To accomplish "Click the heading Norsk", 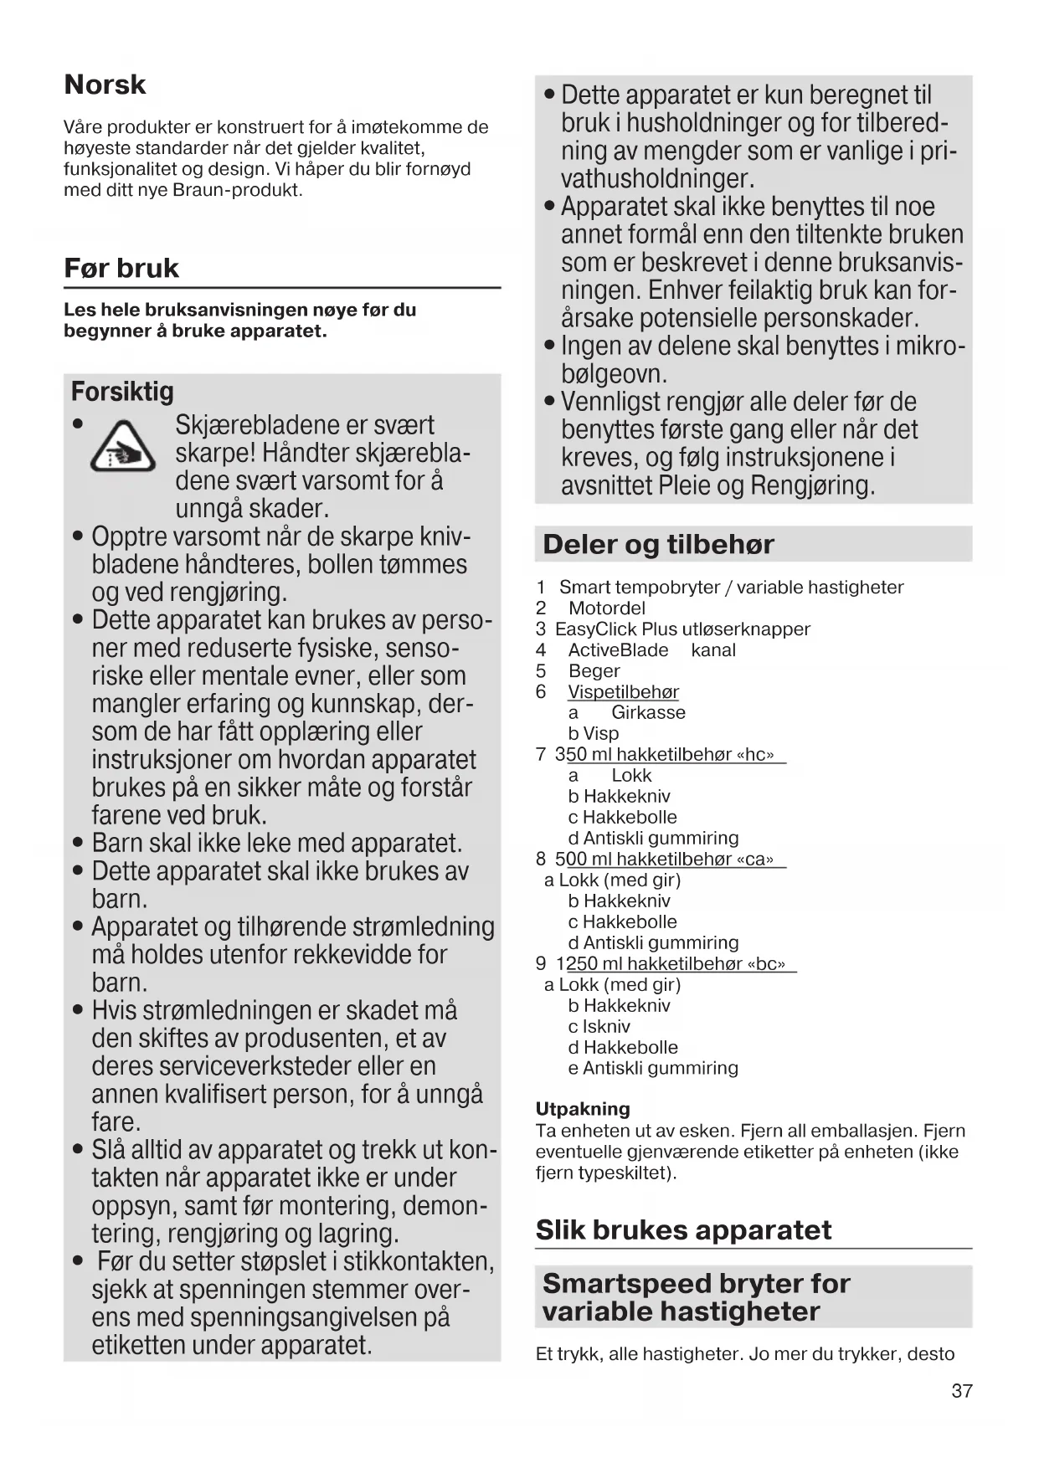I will (105, 85).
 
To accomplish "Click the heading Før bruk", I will (121, 268).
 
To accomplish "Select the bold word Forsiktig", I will (122, 392).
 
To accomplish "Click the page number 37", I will (962, 1391).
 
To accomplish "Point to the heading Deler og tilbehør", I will (658, 545).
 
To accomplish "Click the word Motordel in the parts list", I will (606, 608).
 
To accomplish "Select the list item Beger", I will (594, 671).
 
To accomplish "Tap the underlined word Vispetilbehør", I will (623, 692).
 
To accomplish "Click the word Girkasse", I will (648, 713).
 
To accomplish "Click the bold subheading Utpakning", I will (583, 1109).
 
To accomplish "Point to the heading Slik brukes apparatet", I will (683, 1229).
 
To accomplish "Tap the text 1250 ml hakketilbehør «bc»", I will (676, 964).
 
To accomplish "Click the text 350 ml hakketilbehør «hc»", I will (670, 755).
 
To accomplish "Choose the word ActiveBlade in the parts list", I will (618, 650).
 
